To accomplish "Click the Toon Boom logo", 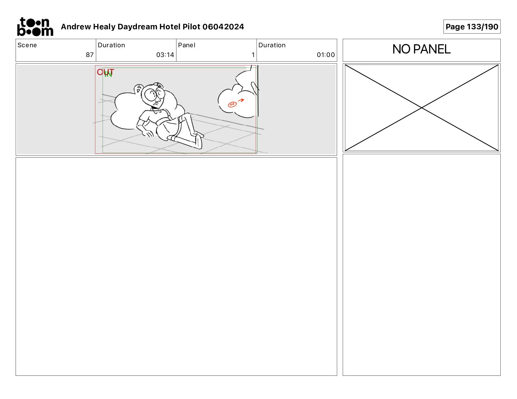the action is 35,27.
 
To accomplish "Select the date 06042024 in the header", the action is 223,27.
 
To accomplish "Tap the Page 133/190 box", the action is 472,27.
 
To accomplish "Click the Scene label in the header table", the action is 27,45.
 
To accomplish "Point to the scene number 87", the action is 90,55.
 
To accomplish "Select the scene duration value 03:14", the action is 165,55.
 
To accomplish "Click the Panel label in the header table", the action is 186,45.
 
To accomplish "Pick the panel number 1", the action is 253,55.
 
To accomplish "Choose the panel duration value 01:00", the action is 326,55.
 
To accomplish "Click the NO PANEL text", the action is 421,49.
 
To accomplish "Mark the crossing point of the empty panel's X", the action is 421,108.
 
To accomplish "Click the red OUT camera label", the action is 105,72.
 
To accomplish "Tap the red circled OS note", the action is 232,104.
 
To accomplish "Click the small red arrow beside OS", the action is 241,100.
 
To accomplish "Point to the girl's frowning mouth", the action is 156,103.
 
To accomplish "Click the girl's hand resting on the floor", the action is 148,134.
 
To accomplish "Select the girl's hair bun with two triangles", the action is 138,89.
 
